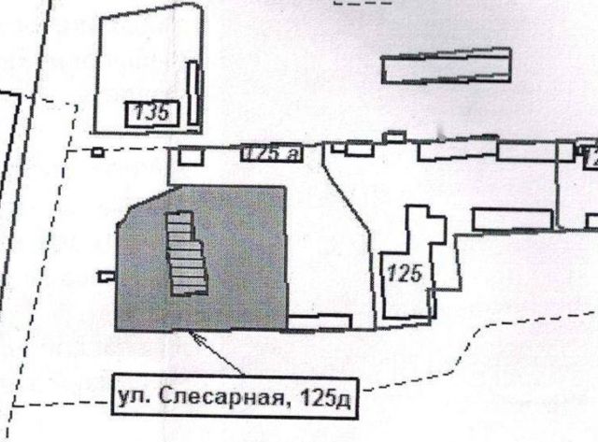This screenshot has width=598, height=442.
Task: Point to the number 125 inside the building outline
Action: pyautogui.click(x=405, y=275)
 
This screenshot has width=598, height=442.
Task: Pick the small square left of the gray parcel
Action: pyautogui.click(x=104, y=275)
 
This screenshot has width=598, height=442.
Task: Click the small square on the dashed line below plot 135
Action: pyautogui.click(x=97, y=152)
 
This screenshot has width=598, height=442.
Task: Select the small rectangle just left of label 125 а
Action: pyautogui.click(x=190, y=157)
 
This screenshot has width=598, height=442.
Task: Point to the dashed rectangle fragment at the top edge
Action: pyautogui.click(x=363, y=3)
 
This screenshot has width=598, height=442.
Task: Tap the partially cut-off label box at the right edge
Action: pyautogui.click(x=591, y=160)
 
